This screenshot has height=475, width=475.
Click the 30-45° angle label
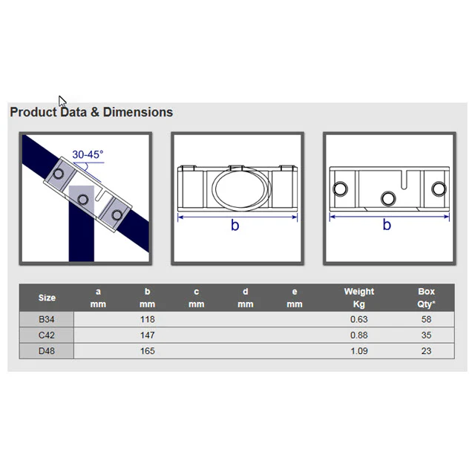point(88,154)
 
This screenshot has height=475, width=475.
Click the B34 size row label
point(47,319)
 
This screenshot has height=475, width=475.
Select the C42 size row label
point(47,335)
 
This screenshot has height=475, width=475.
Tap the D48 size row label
point(47,351)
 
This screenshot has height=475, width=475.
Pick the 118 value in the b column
point(148,319)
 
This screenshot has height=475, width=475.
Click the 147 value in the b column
point(148,335)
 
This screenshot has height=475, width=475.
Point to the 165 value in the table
point(148,351)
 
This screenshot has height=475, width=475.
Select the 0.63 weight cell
point(359,319)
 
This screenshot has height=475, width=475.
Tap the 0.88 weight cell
point(359,335)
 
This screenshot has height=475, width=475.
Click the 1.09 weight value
point(359,351)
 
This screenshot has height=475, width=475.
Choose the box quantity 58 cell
point(426,319)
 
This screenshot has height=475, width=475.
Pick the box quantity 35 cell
point(426,335)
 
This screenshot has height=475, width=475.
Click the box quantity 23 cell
point(426,351)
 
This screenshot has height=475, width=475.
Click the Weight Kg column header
point(359,298)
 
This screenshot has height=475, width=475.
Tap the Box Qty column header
point(426,298)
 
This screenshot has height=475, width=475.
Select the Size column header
point(47,298)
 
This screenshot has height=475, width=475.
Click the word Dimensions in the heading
point(138,112)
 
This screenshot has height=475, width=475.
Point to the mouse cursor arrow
point(62,101)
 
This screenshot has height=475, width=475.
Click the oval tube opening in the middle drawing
point(241,189)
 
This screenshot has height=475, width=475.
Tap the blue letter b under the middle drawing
point(235,225)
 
